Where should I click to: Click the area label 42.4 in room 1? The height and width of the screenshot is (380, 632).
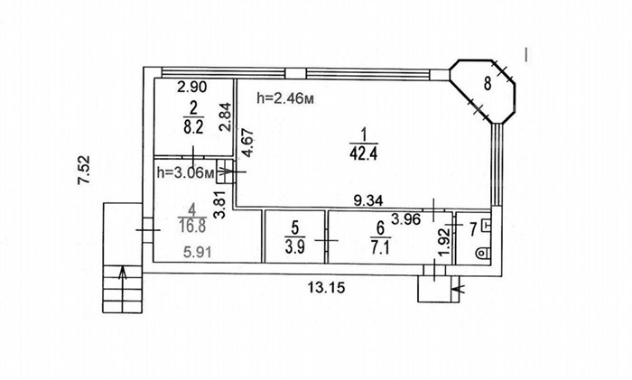364,154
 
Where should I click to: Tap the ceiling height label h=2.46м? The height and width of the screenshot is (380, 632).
285,97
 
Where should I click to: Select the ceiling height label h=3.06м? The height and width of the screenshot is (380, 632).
185,173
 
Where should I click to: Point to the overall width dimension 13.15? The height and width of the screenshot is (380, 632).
327,288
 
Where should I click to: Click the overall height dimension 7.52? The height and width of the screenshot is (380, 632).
84,170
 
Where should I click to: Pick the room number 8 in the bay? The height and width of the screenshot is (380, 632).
488,84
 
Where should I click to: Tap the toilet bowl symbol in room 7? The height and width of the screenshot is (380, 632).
482,254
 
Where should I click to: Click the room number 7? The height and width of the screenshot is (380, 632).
474,229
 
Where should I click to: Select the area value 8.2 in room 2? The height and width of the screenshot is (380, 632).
193,127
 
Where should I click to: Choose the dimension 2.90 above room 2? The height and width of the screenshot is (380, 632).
192,87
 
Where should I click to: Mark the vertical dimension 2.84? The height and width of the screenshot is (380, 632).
226,117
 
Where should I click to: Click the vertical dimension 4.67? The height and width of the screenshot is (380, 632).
247,143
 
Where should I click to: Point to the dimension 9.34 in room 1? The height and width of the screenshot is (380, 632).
368,200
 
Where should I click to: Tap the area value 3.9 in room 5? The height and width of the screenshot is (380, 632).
295,247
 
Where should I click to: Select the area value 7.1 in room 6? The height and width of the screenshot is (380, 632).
380,247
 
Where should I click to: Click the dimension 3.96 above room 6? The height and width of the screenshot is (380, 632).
406,219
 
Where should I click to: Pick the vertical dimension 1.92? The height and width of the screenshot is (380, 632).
443,242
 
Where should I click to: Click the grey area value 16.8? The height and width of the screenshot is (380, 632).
192,226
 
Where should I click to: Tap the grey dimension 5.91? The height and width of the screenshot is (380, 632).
197,253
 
